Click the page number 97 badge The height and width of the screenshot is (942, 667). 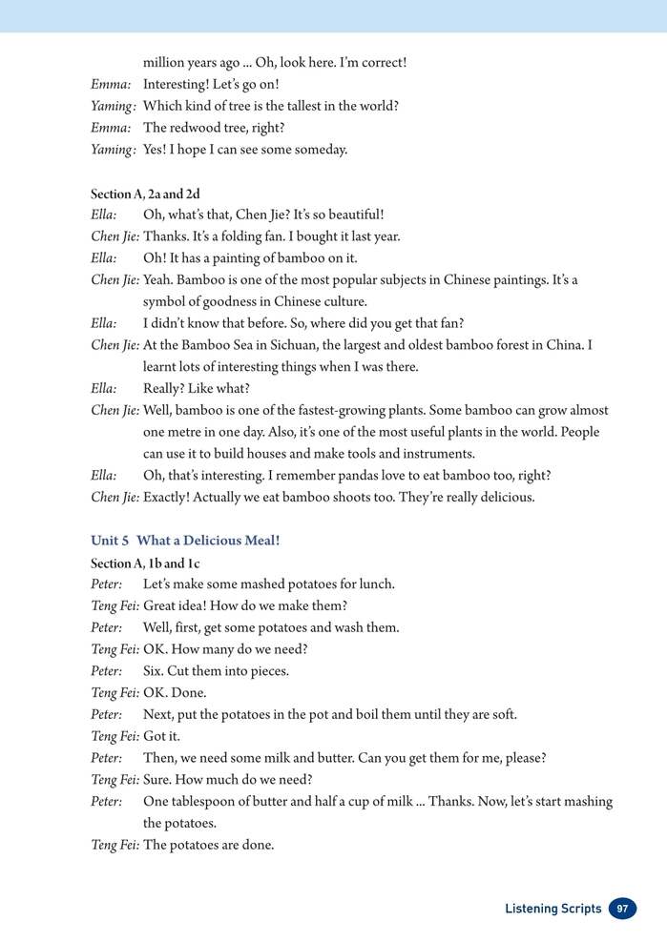[622, 909]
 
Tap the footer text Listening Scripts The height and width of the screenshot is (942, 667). [552, 909]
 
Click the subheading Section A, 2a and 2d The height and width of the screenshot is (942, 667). [145, 194]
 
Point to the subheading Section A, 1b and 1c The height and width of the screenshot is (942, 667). [144, 563]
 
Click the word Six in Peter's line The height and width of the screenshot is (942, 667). [153, 671]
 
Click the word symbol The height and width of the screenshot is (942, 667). [165, 301]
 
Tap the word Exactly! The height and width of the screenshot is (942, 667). [170, 497]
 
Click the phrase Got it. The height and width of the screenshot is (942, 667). [161, 736]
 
